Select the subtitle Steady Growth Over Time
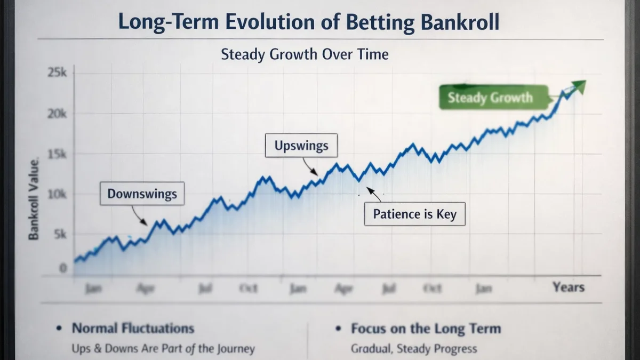(305, 54)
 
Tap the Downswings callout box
(142, 194)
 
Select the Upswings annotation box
(301, 145)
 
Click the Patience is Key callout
(414, 214)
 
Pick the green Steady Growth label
(490, 98)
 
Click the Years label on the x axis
(568, 287)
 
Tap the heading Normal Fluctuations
(133, 328)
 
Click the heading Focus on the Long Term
(426, 328)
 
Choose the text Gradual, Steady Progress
(413, 349)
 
